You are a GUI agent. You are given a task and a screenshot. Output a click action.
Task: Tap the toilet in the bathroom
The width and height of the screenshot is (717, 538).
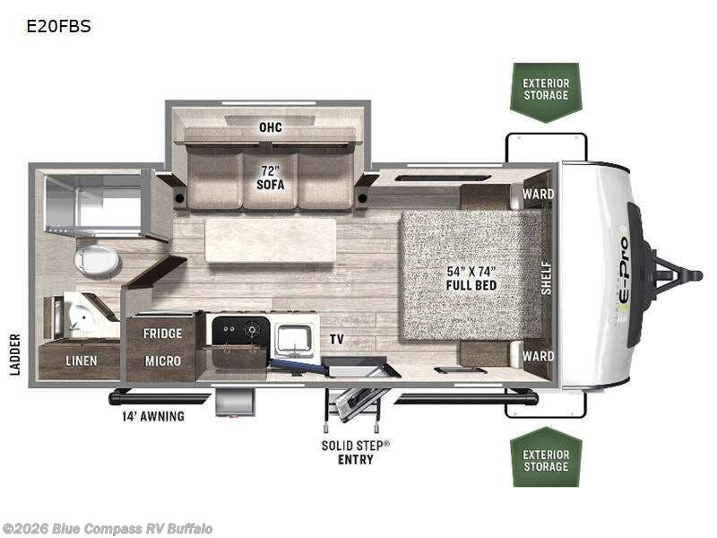point(97,261)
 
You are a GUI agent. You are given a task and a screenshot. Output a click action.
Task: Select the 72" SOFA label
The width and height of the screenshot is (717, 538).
point(270,178)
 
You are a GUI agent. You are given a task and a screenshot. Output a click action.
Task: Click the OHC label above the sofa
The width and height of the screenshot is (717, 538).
point(270,127)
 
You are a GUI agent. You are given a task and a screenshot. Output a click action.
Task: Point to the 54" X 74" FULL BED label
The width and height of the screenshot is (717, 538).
point(472,278)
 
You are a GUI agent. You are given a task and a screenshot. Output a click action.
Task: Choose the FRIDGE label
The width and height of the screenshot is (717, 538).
point(162,334)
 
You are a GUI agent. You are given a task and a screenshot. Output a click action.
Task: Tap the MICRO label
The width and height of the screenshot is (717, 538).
point(162,360)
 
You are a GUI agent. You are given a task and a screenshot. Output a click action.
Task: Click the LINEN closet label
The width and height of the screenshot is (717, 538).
point(81,360)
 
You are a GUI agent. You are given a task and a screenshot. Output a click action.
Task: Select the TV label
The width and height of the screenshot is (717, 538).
point(337,340)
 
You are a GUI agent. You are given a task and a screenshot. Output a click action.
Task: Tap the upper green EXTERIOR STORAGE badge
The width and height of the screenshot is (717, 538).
point(546,90)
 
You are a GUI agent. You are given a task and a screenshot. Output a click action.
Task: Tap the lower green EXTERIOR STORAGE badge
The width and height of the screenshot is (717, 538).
point(546,461)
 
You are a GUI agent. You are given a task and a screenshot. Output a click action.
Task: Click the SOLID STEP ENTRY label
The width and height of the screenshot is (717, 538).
point(356,452)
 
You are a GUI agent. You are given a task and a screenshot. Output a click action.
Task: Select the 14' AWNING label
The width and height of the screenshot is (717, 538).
point(153,416)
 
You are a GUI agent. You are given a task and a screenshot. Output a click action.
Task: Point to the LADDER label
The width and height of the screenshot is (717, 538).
point(15,353)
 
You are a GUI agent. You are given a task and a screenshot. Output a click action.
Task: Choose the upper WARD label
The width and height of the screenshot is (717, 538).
point(538,194)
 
